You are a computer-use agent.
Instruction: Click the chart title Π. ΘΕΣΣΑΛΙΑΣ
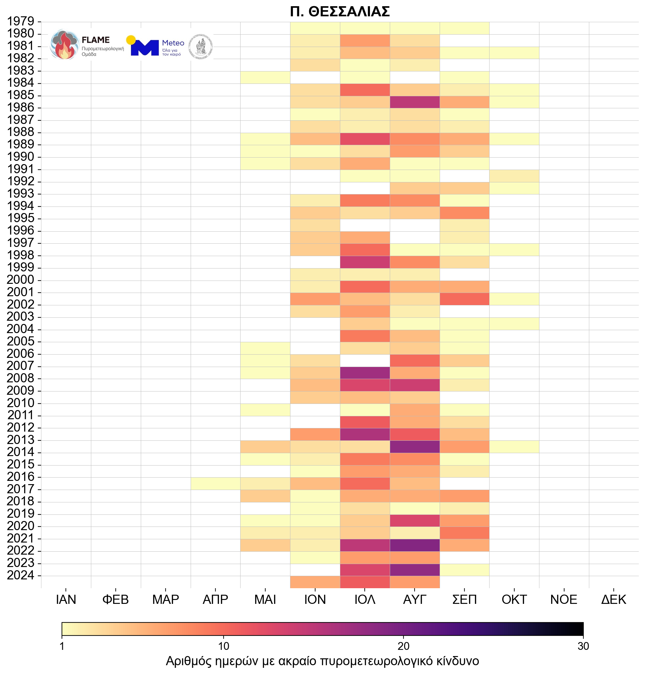pyautogui.click(x=340, y=12)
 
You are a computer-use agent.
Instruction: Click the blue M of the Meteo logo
pyautogui.click(x=145, y=48)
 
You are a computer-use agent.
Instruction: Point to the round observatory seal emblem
pyautogui.click(x=201, y=47)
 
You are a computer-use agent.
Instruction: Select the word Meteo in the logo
pyautogui.click(x=173, y=43)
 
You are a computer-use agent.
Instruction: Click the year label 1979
pyautogui.click(x=21, y=21)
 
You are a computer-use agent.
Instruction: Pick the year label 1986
pyautogui.click(x=21, y=108)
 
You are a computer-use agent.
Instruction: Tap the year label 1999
pyautogui.click(x=21, y=268)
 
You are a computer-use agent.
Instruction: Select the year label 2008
pyautogui.click(x=21, y=378)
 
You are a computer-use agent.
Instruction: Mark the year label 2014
pyautogui.click(x=21, y=452)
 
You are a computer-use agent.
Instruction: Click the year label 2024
pyautogui.click(x=21, y=575)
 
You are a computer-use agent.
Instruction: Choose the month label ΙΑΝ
pyautogui.click(x=66, y=599)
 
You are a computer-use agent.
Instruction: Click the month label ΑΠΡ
pyautogui.click(x=215, y=599)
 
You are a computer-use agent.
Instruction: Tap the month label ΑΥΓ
pyautogui.click(x=415, y=599)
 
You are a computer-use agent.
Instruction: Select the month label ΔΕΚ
pyautogui.click(x=614, y=599)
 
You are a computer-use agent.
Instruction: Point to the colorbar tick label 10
pyautogui.click(x=223, y=646)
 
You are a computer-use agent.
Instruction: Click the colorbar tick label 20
pyautogui.click(x=403, y=646)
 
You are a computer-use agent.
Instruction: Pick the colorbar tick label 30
pyautogui.click(x=583, y=646)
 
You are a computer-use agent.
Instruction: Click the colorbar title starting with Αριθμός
pyautogui.click(x=322, y=661)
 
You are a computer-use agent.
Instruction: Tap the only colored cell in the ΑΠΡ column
pyautogui.click(x=215, y=483)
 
